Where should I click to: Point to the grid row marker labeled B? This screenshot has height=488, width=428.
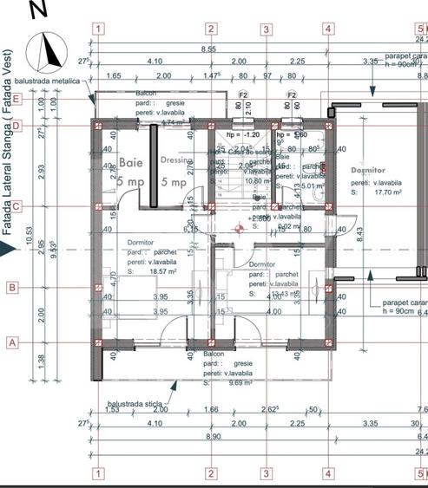[x=13, y=288]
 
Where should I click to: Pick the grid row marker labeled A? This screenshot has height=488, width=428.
[x=13, y=342]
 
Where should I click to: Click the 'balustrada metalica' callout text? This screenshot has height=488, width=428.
[x=56, y=81]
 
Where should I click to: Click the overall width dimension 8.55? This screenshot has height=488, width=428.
[x=209, y=49]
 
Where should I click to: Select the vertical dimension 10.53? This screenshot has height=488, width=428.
[x=29, y=234]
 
